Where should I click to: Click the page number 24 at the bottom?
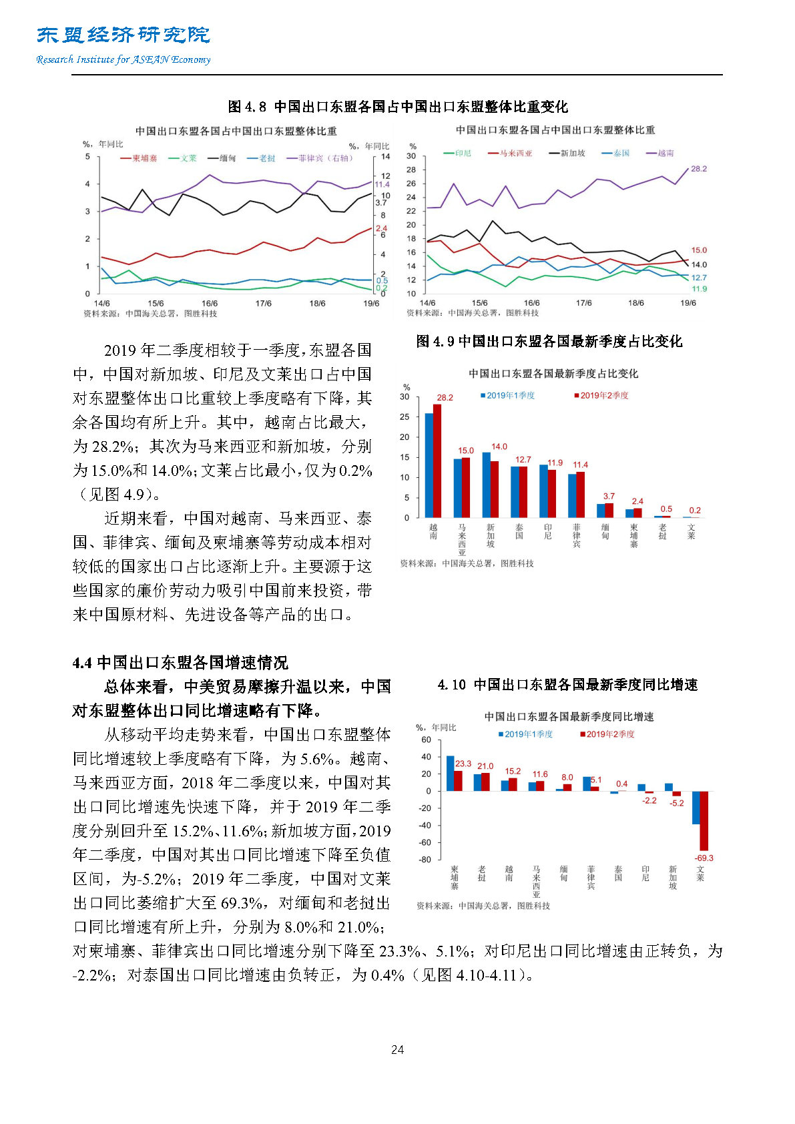coord(397,1050)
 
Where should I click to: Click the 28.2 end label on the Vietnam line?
coord(698,169)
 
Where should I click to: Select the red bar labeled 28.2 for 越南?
coord(437,461)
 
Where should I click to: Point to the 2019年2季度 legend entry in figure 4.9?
coord(603,396)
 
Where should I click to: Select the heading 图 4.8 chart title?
coord(397,107)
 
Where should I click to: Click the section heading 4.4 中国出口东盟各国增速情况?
coord(180,663)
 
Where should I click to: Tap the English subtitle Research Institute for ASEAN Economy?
coord(123,59)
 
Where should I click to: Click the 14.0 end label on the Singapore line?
coord(698,265)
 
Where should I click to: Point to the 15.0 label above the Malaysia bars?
coord(466,451)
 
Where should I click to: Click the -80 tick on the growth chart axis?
coord(425,860)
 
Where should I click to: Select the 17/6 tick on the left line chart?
coord(263,304)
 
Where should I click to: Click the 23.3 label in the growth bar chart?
coord(463,764)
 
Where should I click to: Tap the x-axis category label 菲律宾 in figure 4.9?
coord(577,535)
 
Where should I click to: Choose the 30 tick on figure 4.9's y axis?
coord(405,396)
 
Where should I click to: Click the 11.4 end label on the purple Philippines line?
coord(382,184)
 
